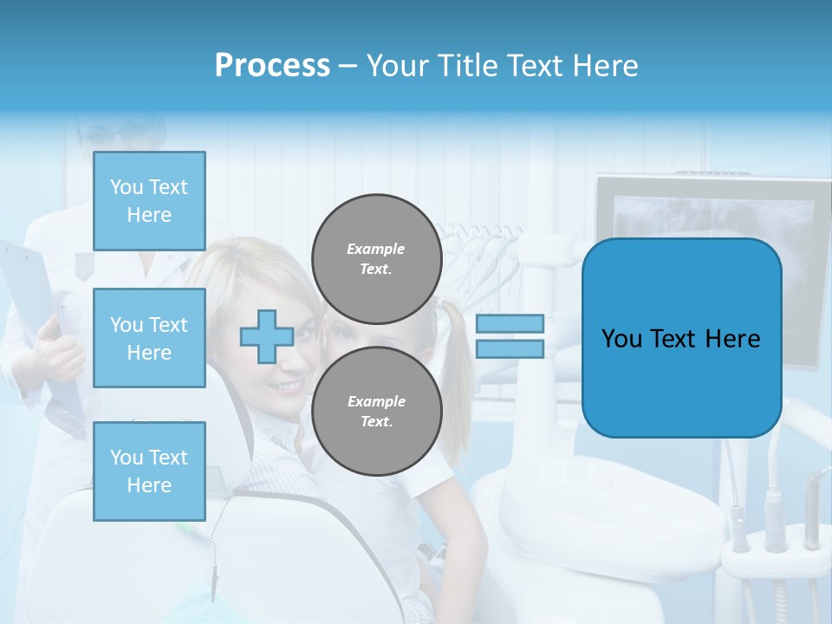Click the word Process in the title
coord(272,66)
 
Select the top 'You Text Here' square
coord(149,201)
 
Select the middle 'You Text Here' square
coord(149,338)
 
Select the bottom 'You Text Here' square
coord(149,471)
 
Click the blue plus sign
coord(266,336)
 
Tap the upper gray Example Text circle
coord(376,259)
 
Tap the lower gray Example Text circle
coord(376,411)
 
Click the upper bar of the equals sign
coord(510,323)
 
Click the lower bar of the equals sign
coord(510,348)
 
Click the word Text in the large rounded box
coord(679,339)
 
